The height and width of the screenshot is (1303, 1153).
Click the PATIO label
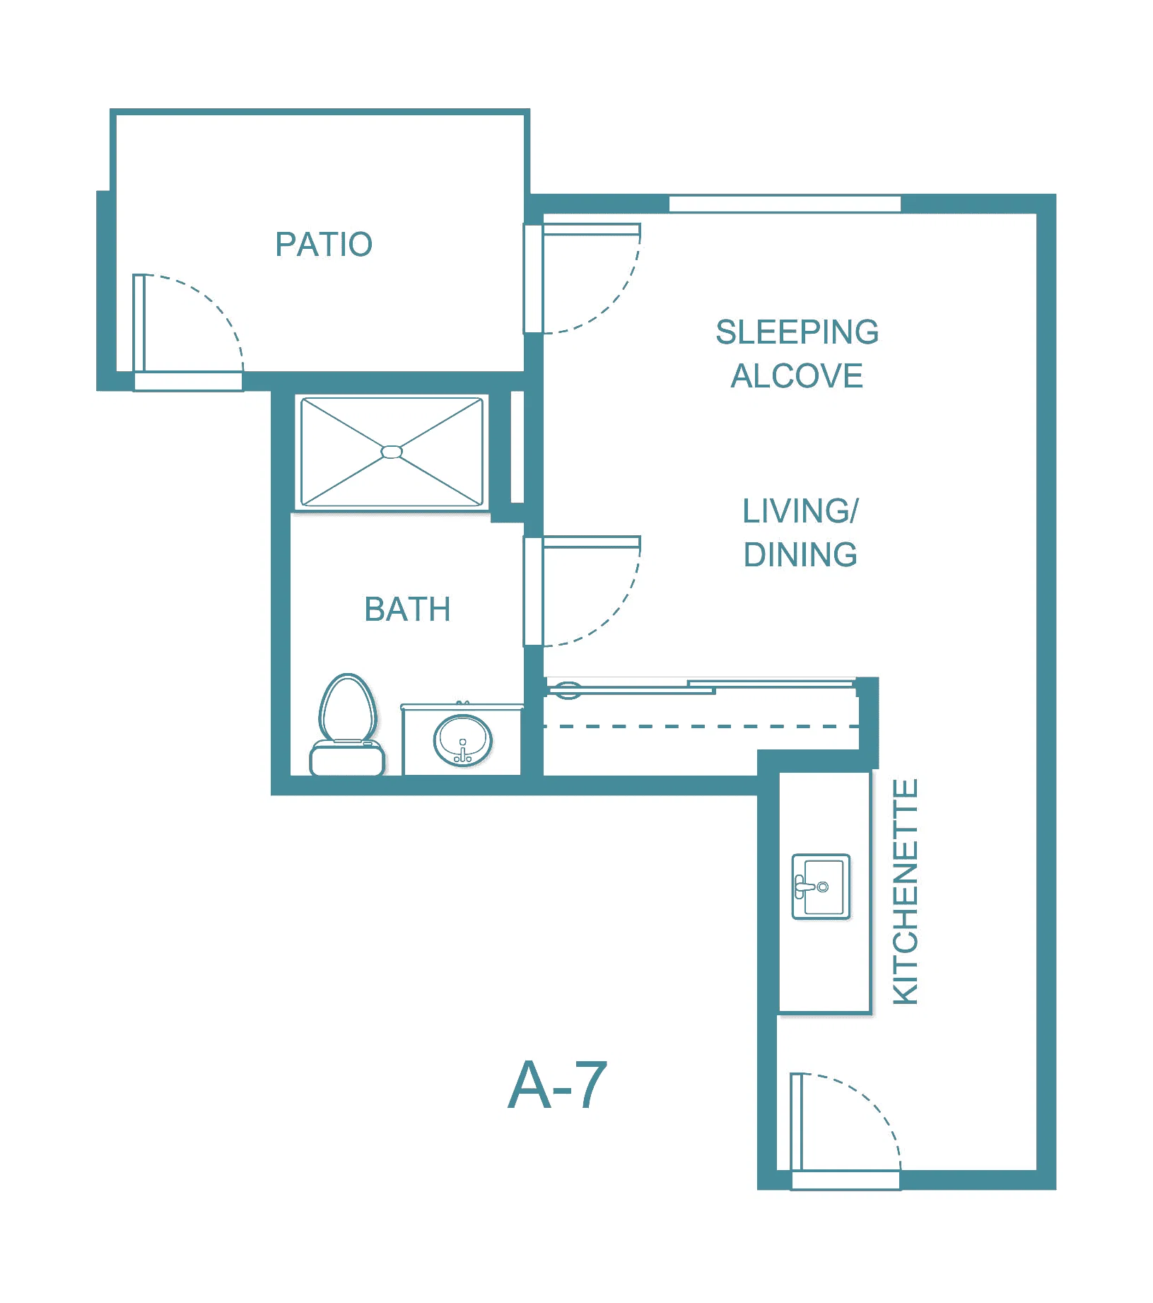click(x=324, y=245)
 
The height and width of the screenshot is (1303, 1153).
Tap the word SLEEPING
click(x=797, y=332)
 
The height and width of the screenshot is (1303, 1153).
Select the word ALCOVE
click(x=797, y=376)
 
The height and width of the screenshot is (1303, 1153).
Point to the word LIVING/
click(x=800, y=511)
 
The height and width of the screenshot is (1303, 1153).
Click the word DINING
click(x=800, y=555)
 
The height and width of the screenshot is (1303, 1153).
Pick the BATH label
click(x=407, y=609)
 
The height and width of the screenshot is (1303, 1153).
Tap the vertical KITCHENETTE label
click(x=906, y=892)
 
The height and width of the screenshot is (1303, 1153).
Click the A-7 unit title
click(x=558, y=1085)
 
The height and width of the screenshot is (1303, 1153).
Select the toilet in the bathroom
click(x=347, y=724)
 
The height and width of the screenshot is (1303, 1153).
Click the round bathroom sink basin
click(x=463, y=740)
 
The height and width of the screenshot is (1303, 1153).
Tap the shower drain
click(x=392, y=452)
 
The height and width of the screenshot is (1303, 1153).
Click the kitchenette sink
click(x=821, y=887)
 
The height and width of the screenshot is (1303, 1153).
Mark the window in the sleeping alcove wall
click(x=785, y=204)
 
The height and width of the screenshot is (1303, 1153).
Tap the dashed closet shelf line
click(x=701, y=726)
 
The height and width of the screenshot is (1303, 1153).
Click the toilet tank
click(x=347, y=758)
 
